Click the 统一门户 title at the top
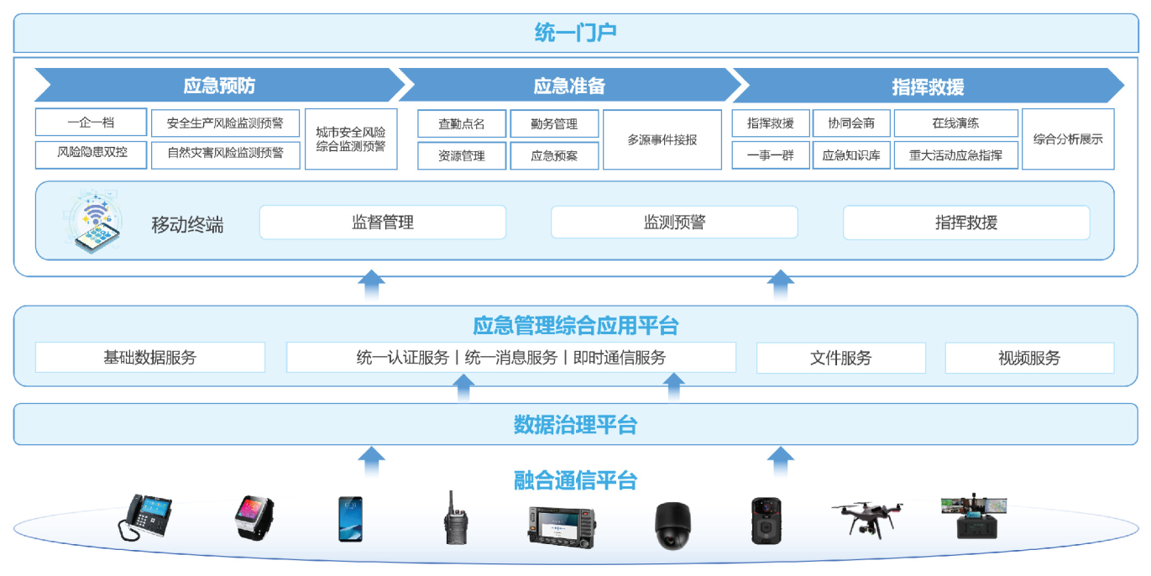tap(575, 33)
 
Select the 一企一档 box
tap(91, 123)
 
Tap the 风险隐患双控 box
tap(91, 154)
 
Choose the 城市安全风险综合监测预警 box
tap(350, 139)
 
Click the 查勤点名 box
tap(462, 124)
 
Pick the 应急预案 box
tap(554, 155)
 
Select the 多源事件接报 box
tap(662, 140)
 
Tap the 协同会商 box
tap(851, 123)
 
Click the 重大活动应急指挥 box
tap(955, 155)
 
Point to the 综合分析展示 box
tap(1068, 139)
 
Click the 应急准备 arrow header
tap(569, 86)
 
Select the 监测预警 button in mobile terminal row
tap(674, 223)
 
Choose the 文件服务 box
tap(840, 358)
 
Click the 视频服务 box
tap(1029, 358)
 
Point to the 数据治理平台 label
tap(575, 424)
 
